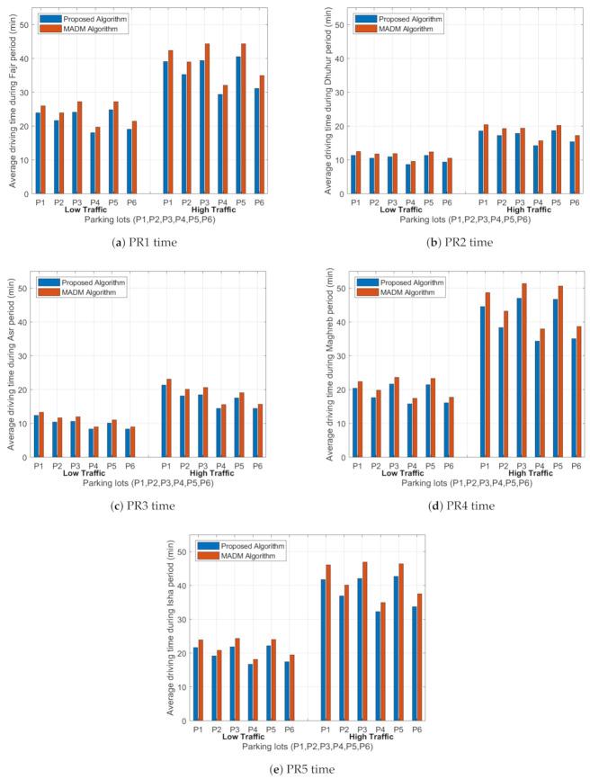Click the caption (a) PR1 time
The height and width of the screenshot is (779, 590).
149,243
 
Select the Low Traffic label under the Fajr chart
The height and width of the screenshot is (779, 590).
84,210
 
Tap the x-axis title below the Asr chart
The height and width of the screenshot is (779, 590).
149,483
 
